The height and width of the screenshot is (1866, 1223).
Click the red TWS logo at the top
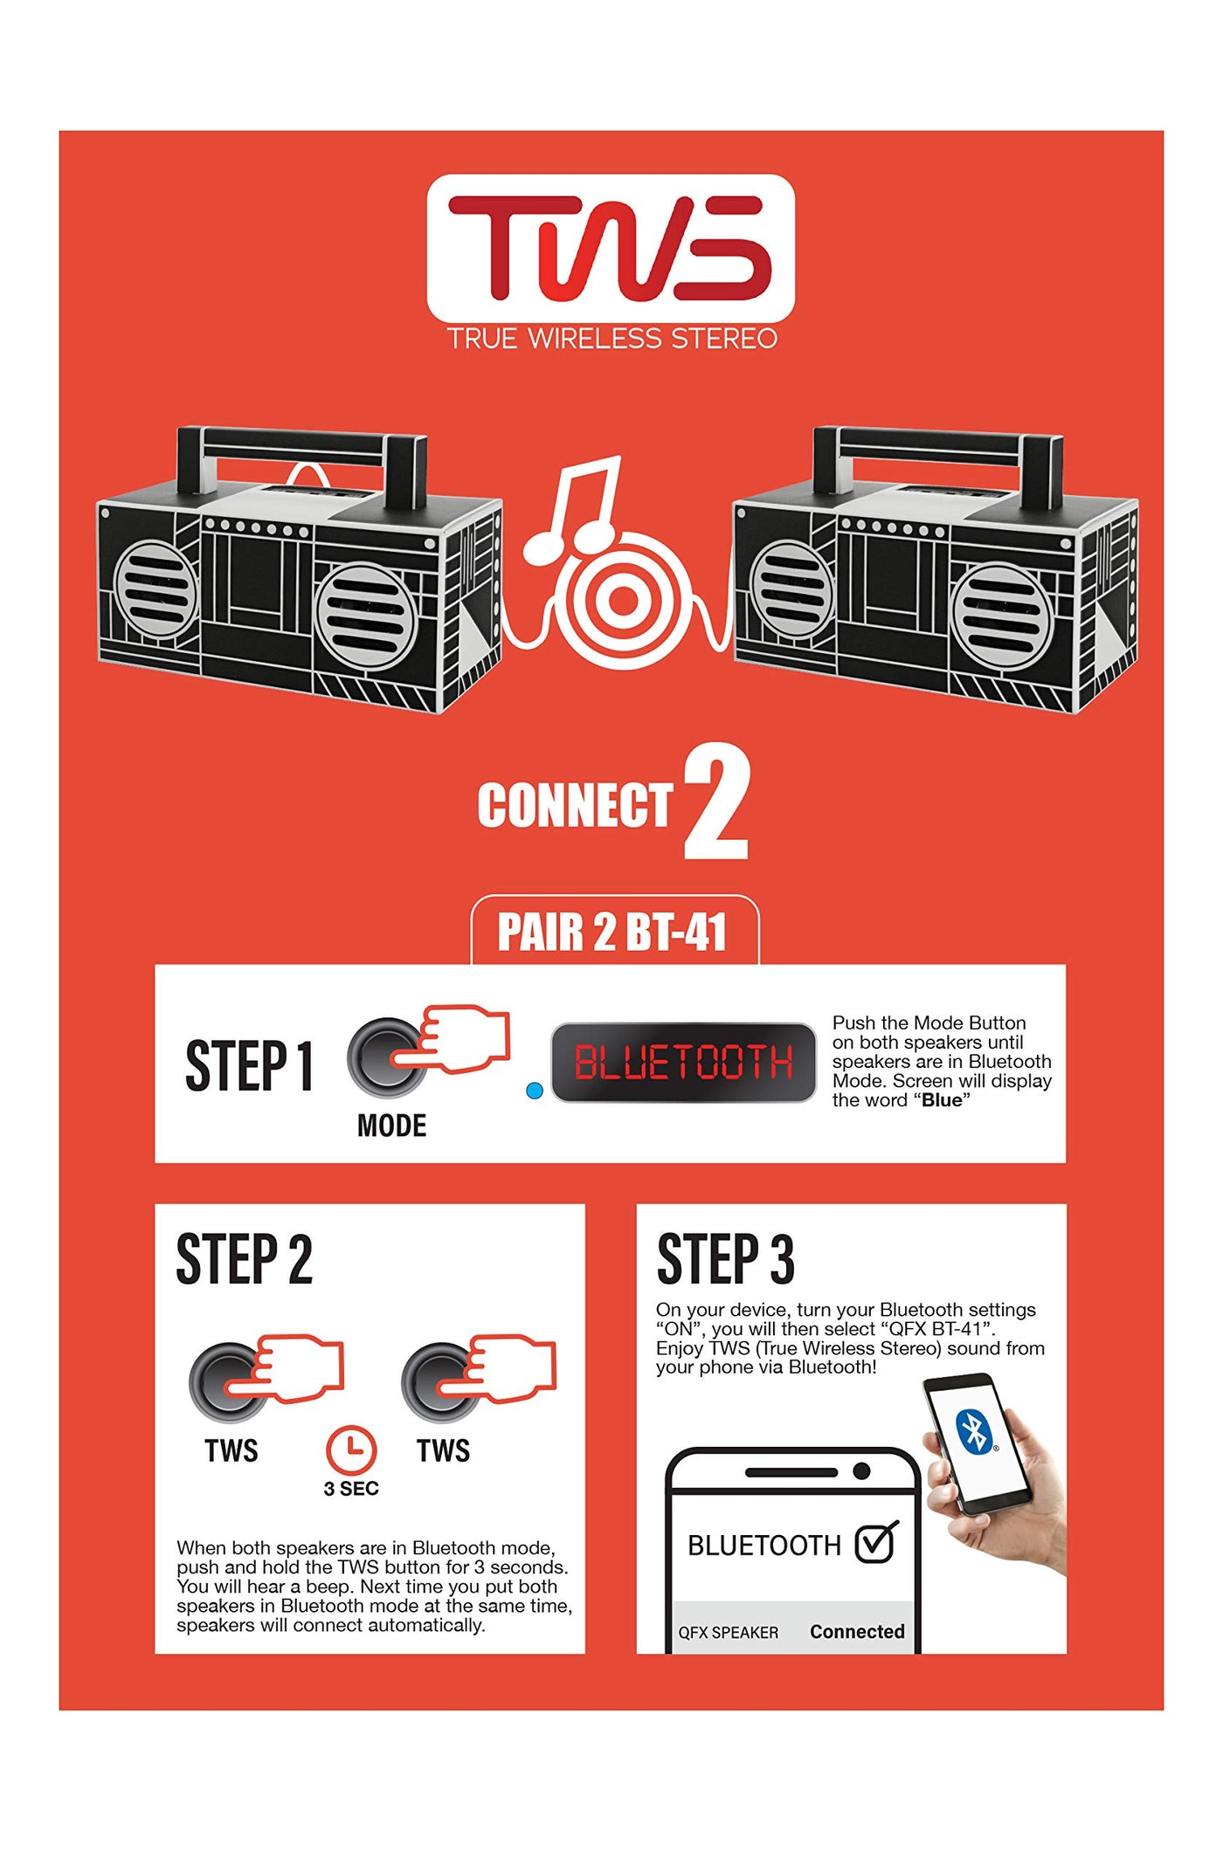[x=611, y=247]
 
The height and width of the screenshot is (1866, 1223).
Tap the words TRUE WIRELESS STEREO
[x=612, y=339]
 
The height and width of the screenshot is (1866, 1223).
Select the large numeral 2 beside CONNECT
[x=716, y=802]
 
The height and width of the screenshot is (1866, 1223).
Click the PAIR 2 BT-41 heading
[x=612, y=932]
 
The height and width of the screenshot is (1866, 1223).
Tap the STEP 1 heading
[x=249, y=1065]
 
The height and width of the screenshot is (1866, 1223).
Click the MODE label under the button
[x=391, y=1126]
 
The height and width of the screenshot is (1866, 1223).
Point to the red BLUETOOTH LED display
[x=683, y=1062]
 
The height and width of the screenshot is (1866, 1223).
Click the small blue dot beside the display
[x=535, y=1091]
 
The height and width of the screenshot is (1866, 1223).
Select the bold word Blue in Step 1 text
[x=942, y=1100]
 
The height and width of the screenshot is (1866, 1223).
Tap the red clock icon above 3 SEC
[x=351, y=1449]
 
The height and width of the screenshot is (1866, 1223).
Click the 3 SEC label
[x=351, y=1489]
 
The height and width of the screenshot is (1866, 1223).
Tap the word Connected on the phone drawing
[x=857, y=1631]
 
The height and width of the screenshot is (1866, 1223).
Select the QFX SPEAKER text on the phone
[x=729, y=1632]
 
